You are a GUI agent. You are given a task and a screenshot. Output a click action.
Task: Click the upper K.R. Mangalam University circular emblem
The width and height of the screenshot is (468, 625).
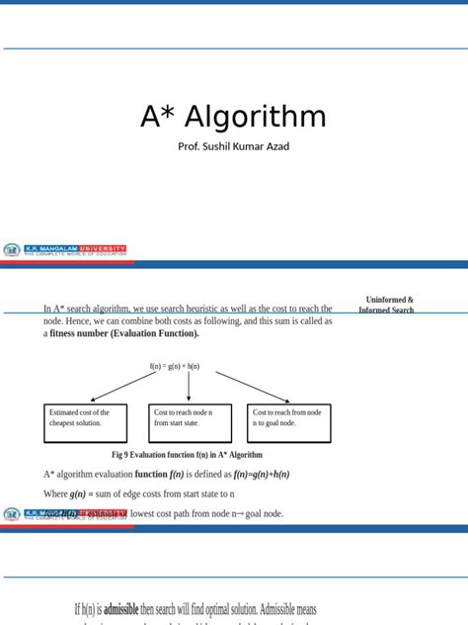click(12, 250)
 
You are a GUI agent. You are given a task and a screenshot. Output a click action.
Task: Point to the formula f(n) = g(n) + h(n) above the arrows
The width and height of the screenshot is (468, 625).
click(175, 366)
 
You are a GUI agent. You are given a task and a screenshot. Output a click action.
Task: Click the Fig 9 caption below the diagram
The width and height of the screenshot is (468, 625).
click(187, 455)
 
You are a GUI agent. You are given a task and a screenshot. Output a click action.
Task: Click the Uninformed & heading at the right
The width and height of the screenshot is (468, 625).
click(389, 300)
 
